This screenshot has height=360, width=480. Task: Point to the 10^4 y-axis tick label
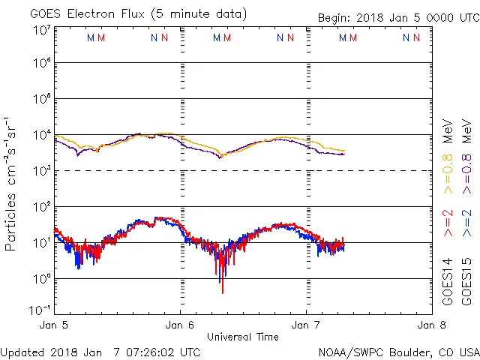coord(41,135)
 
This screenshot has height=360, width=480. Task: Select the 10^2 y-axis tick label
coord(41,207)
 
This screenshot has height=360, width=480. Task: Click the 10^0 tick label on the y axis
coord(41,279)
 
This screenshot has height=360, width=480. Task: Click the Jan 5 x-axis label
coord(54,326)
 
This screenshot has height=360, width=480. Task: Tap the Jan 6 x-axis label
coord(180,326)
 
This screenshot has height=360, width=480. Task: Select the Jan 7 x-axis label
coord(306,326)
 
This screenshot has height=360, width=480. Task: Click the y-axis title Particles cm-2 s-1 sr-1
coord(10,184)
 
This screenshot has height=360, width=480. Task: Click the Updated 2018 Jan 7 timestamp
coord(100,351)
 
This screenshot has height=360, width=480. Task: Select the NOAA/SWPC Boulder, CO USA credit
coord(398,351)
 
